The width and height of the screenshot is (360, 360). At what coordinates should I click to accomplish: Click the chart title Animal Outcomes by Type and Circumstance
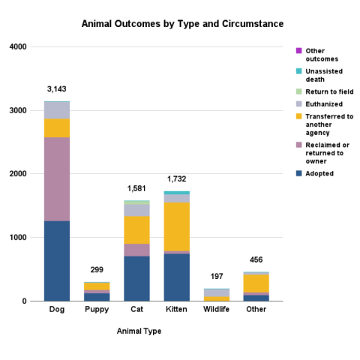click(182, 24)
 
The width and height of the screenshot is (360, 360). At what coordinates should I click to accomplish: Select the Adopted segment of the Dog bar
click(56, 260)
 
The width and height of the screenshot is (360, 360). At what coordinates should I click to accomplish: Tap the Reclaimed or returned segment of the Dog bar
click(56, 178)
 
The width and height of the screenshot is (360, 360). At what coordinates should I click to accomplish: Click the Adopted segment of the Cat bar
click(136, 278)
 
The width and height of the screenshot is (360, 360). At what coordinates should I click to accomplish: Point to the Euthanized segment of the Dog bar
click(56, 109)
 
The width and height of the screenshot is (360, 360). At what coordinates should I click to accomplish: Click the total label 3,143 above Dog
click(57, 88)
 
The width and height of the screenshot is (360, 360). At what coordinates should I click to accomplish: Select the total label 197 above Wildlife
click(217, 276)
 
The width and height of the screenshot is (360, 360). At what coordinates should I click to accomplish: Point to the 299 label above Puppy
click(97, 269)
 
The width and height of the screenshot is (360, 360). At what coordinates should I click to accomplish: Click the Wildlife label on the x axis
click(217, 309)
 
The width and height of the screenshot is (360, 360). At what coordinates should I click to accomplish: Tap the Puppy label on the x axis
click(97, 309)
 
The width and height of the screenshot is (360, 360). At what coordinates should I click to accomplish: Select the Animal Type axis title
click(136, 331)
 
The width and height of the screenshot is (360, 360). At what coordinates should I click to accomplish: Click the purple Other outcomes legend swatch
click(298, 51)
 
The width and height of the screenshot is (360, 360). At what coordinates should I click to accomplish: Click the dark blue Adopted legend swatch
click(298, 173)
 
